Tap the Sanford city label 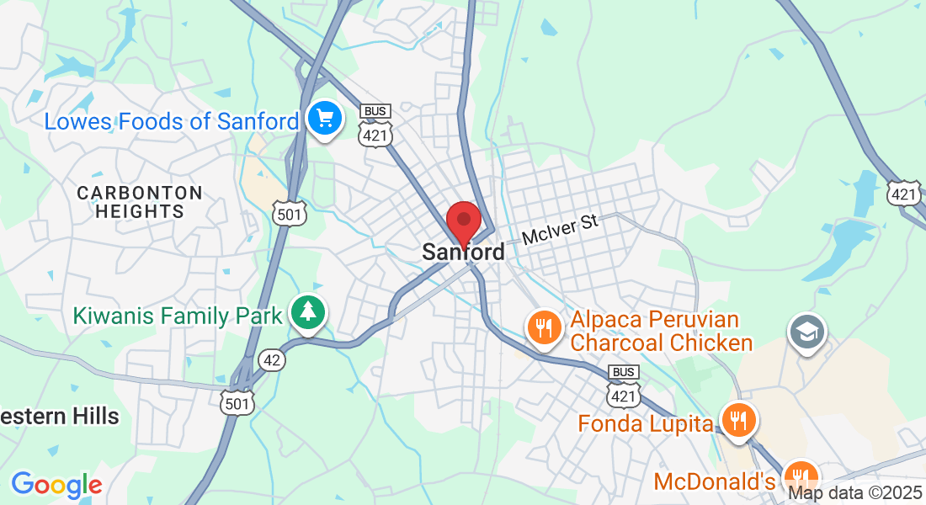463,252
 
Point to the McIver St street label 560,230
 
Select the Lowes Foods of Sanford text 171,121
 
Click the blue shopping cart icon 323,119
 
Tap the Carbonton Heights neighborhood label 140,202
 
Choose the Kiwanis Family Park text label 177,316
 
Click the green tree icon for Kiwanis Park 309,313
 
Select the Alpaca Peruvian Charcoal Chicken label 661,332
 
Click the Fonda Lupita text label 646,423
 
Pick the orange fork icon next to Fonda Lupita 739,419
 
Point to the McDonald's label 714,482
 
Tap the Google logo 56,485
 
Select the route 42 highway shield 273,360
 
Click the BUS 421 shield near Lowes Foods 375,125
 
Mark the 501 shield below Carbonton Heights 289,215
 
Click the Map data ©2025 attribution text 854,493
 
